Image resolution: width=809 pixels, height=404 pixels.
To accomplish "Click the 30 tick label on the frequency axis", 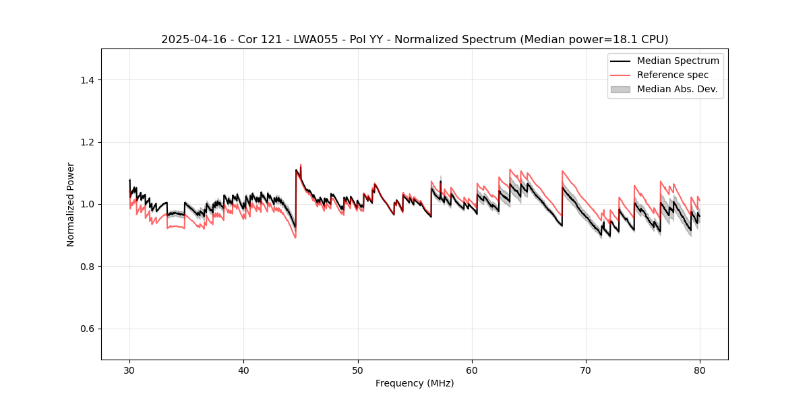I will point(129,370).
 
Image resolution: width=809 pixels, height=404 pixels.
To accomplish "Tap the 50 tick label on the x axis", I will point(358,370).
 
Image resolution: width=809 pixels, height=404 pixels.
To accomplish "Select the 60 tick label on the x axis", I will point(472,370).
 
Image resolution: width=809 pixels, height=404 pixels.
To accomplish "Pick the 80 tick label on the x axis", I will point(700,370).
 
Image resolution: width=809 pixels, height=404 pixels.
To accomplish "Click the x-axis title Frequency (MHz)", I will point(415,383).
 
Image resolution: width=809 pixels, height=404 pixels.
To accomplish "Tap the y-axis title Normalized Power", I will point(71,204).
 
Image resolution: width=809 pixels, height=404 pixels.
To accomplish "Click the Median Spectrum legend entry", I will point(678,61).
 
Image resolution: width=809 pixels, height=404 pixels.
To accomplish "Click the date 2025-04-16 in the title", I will point(190,40).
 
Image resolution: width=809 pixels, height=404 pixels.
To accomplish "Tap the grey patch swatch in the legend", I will point(620,89).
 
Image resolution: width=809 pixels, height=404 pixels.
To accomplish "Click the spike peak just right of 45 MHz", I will point(301,165).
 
